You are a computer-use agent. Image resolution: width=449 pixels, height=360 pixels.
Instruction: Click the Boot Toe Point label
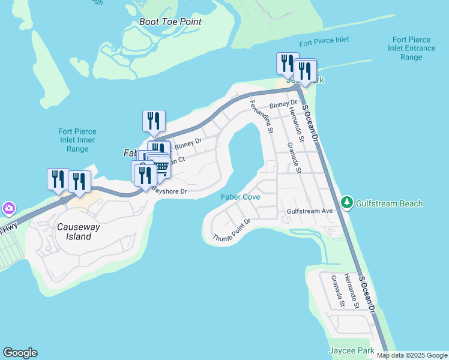tap(170, 22)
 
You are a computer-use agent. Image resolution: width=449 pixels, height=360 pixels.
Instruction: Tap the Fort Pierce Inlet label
tap(324, 41)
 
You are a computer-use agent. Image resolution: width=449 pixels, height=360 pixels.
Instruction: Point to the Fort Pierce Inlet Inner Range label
tap(77, 140)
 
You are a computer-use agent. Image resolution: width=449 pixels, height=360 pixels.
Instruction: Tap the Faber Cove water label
tap(240, 196)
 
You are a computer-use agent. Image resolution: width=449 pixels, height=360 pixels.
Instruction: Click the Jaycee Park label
tap(352, 350)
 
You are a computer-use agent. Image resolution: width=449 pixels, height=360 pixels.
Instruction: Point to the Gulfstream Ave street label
tap(310, 212)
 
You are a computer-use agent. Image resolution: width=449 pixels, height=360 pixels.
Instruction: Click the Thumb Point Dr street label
tap(231, 230)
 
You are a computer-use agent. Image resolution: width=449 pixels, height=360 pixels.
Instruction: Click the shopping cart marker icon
tap(161, 166)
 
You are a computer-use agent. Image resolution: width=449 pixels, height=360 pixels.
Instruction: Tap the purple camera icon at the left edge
tap(8, 208)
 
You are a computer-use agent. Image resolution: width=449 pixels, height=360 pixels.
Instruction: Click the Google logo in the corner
tap(20, 353)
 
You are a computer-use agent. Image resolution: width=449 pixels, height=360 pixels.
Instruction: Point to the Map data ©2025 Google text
tap(412, 355)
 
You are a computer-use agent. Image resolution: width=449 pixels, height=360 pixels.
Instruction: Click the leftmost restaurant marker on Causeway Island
tap(58, 179)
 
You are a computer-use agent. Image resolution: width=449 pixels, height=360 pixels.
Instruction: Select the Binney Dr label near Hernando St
tap(280, 105)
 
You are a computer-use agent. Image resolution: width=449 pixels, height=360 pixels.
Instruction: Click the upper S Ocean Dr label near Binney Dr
tap(310, 124)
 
